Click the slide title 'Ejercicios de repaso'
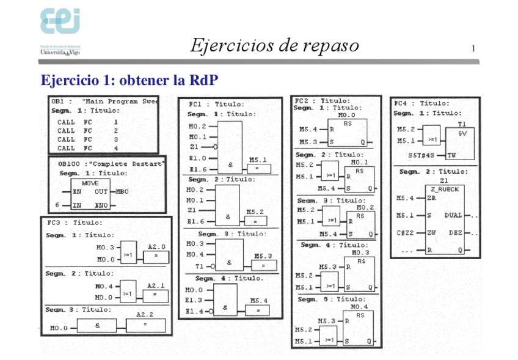click(x=274, y=46)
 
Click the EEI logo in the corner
click(x=60, y=23)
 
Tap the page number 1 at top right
click(x=473, y=48)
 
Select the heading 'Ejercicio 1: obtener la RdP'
click(x=129, y=80)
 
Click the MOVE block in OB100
click(x=90, y=191)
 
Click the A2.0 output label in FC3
click(x=156, y=247)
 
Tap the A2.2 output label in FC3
click(x=145, y=314)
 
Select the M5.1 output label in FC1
click(x=258, y=160)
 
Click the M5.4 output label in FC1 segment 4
click(x=258, y=301)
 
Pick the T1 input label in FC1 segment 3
click(x=199, y=266)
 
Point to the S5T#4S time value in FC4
click(x=421, y=155)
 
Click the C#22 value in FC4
click(x=405, y=233)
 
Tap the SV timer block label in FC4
click(x=462, y=133)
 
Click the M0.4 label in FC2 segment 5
click(x=359, y=307)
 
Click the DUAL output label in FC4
click(x=453, y=215)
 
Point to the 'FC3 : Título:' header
click(x=75, y=222)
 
